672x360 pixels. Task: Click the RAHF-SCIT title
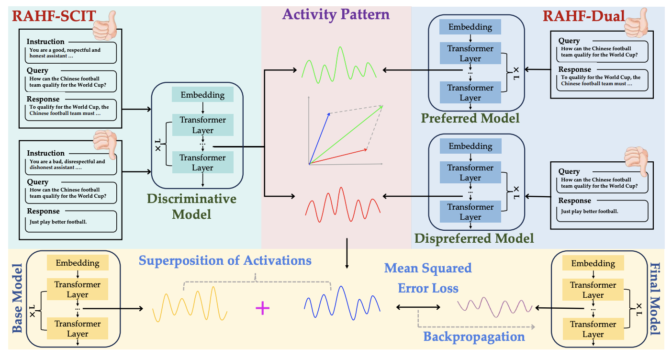coord(54,16)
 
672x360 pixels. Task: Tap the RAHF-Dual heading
coord(584,16)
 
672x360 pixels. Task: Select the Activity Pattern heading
coord(336,14)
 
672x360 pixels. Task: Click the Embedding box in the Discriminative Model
coord(203,95)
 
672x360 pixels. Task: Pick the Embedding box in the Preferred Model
coord(470,27)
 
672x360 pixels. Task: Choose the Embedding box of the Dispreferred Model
coord(470,146)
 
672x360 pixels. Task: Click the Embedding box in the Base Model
coord(78,263)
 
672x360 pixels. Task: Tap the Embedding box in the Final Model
coord(593,263)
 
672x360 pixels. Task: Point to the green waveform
coord(339,65)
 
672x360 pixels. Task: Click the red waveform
coord(343,205)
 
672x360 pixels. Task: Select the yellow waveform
coord(190,304)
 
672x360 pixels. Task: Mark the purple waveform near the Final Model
coord(494,307)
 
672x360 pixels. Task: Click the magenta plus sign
coord(262,308)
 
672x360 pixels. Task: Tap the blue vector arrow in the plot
coord(319,139)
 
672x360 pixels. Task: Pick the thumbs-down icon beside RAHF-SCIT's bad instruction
coord(105,144)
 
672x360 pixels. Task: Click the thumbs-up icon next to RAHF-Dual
coord(636,22)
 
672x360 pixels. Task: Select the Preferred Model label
coord(470,118)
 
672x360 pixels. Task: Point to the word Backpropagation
coord(474,337)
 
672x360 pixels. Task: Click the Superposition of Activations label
coord(225,260)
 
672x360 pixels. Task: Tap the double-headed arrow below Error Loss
coord(418,307)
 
